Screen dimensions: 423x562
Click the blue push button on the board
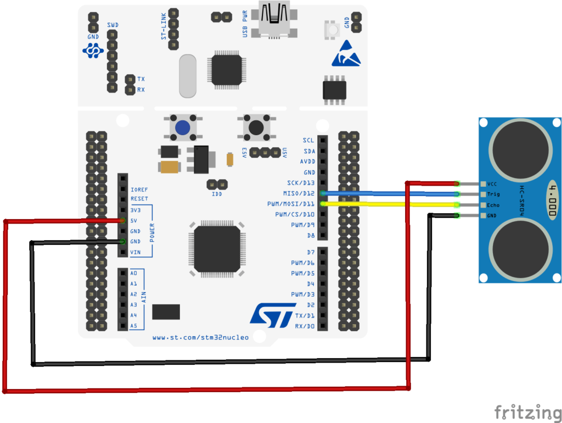pyautogui.click(x=183, y=127)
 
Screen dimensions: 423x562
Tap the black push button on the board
pyautogui.click(x=256, y=127)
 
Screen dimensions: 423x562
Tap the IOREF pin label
pyautogui.click(x=139, y=189)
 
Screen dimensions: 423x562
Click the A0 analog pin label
pyautogui.click(x=133, y=273)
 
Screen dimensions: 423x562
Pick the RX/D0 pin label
pyautogui.click(x=305, y=326)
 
